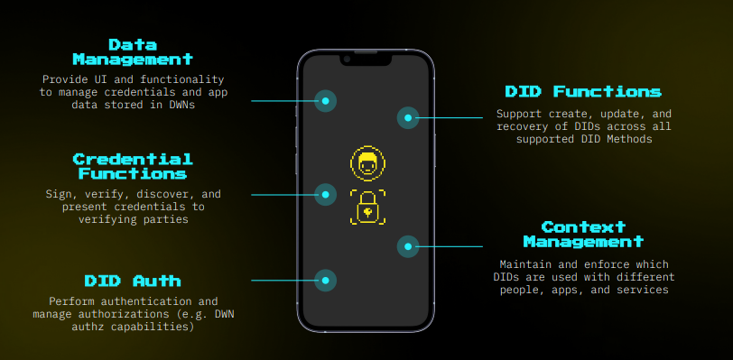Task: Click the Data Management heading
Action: pos(133,51)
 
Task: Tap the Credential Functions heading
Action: pos(133,166)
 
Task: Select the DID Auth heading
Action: pos(133,281)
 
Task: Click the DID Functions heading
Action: pos(583,91)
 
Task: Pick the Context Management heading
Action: pos(583,234)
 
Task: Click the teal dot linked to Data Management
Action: pos(325,101)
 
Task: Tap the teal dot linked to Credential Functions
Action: pos(325,194)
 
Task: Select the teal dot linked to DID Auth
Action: pos(325,281)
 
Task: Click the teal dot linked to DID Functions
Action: pos(408,117)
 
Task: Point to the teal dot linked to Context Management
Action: pos(408,245)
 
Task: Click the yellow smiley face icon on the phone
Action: pos(367,164)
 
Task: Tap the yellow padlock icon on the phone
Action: pos(367,208)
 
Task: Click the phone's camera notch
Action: pos(366,59)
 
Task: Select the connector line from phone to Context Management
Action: pos(451,245)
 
